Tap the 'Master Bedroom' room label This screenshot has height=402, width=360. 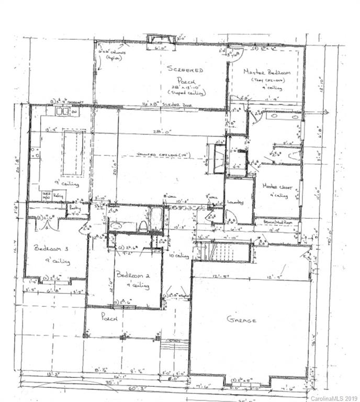coord(263,72)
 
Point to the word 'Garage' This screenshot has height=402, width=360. coord(241,319)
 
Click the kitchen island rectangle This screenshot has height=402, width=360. coord(73,153)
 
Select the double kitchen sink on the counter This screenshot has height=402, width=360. coord(63,111)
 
